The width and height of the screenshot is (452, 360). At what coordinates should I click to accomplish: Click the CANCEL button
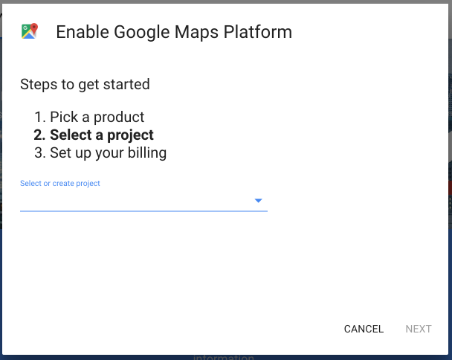pyautogui.click(x=364, y=329)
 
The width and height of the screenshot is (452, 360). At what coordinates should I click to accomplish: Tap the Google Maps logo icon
pyautogui.click(x=30, y=30)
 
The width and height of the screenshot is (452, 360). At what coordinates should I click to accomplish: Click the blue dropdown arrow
pyautogui.click(x=258, y=201)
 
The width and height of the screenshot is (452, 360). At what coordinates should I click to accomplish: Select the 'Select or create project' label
pyautogui.click(x=60, y=183)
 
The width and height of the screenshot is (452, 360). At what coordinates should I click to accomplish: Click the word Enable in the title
pyautogui.click(x=83, y=32)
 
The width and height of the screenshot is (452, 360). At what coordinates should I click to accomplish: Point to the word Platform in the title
pyautogui.click(x=258, y=32)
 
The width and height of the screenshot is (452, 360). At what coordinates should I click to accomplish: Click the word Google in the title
pyautogui.click(x=142, y=32)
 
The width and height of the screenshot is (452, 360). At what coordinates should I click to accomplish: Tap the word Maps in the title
pyautogui.click(x=196, y=32)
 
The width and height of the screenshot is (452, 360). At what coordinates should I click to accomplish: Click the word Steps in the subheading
pyautogui.click(x=39, y=85)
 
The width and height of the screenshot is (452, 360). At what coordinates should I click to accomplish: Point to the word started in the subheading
pyautogui.click(x=126, y=84)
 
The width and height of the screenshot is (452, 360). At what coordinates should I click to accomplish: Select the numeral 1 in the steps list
pyautogui.click(x=39, y=117)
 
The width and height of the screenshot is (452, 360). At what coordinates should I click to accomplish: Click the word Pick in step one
pyautogui.click(x=64, y=117)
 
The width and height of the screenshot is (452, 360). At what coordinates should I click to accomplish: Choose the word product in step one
pyautogui.click(x=119, y=118)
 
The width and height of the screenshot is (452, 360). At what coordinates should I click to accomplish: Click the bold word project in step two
pyautogui.click(x=130, y=135)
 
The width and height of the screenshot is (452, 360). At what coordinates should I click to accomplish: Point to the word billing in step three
pyautogui.click(x=147, y=153)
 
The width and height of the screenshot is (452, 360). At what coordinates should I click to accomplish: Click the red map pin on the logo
pyautogui.click(x=34, y=29)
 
